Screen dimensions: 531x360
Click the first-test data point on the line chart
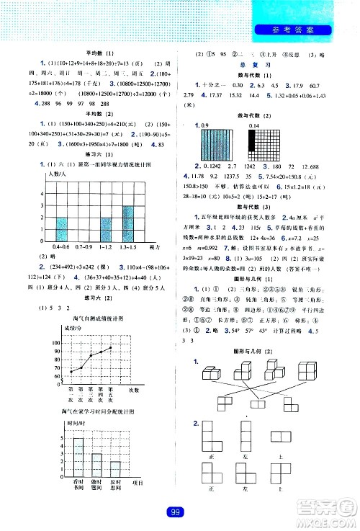coord(71,372)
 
